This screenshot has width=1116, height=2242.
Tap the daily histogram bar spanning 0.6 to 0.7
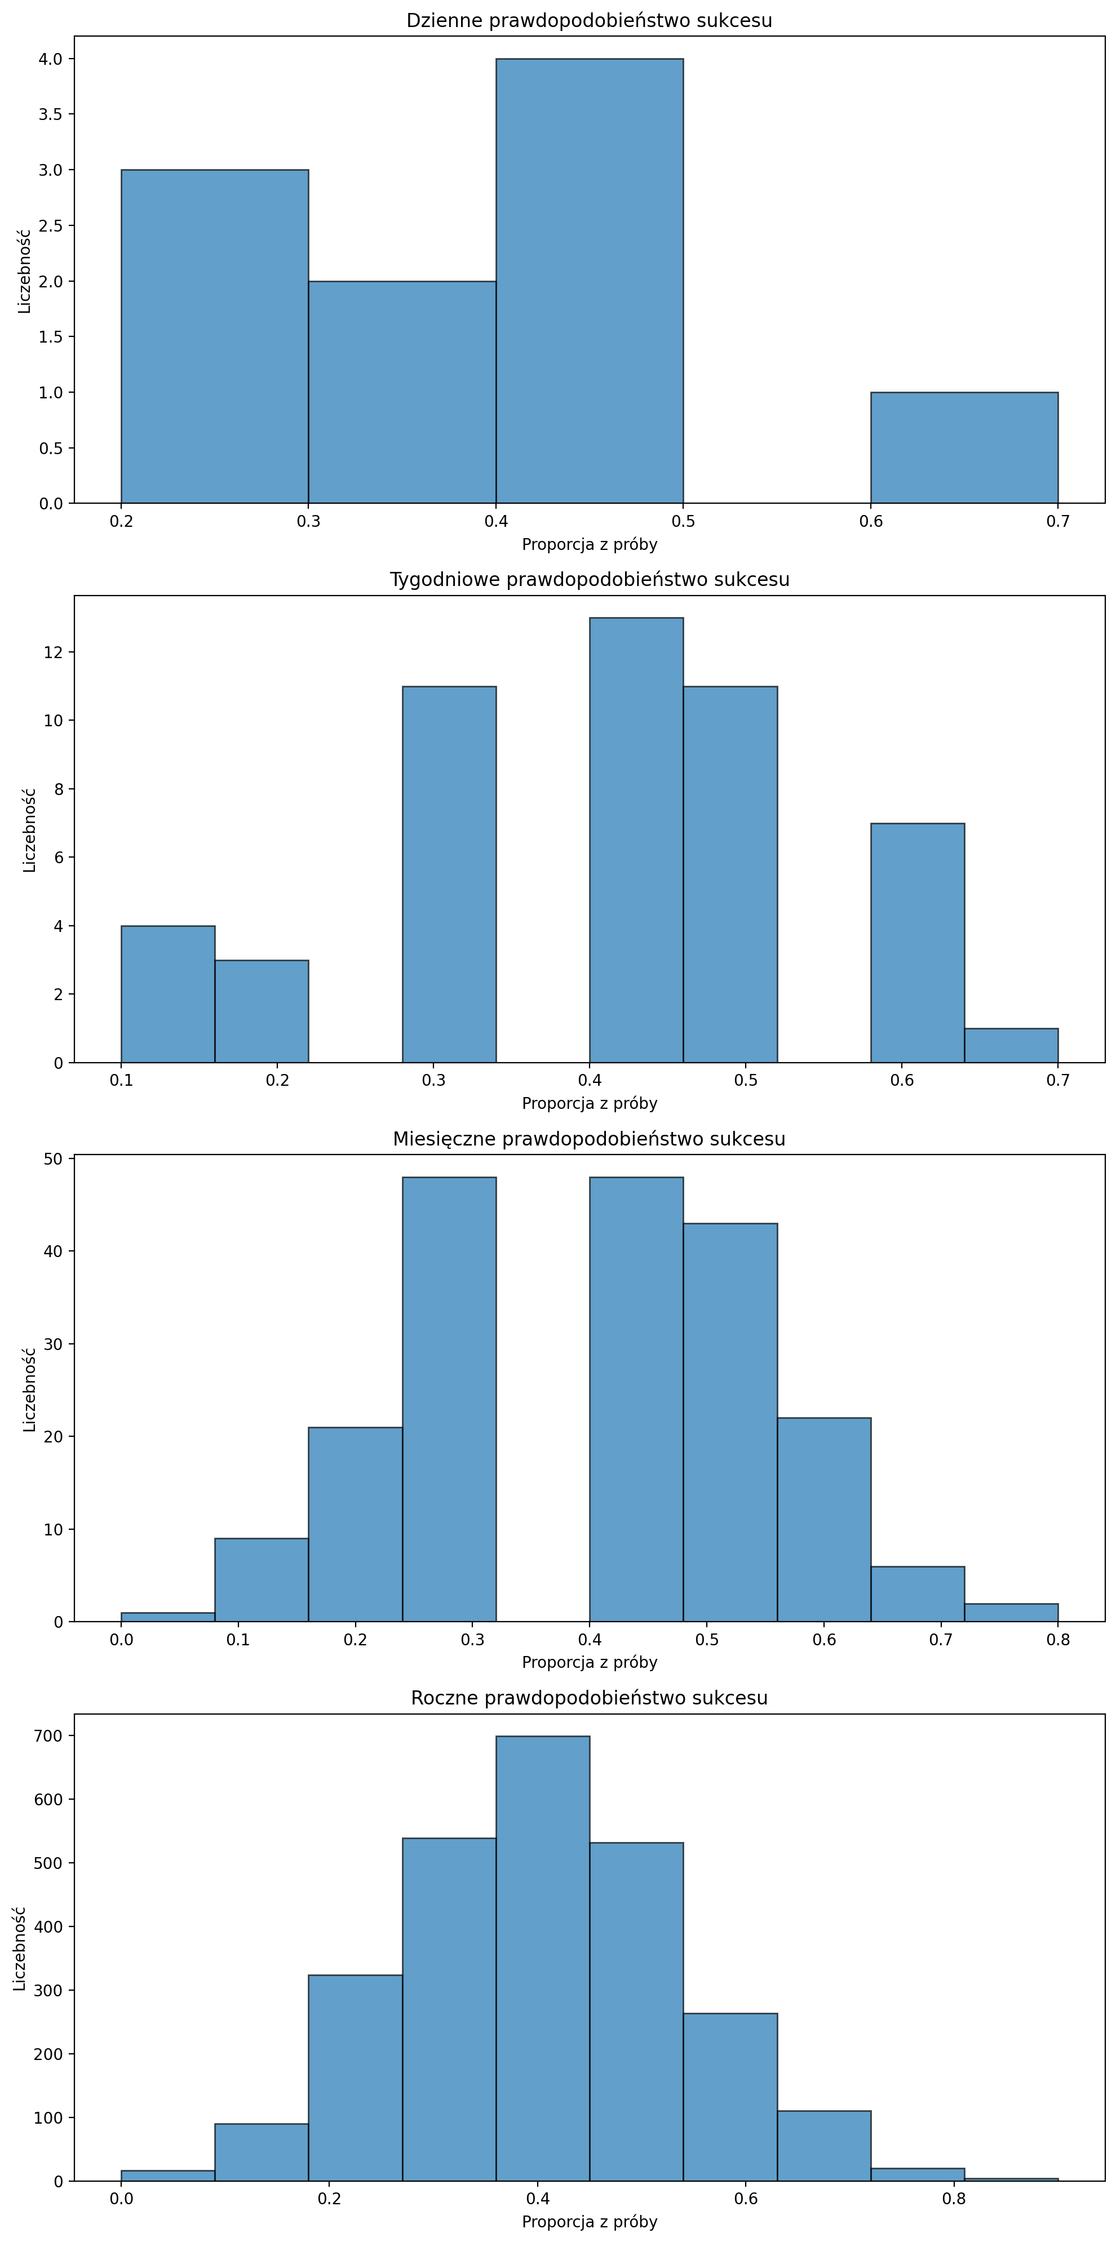click(x=964, y=447)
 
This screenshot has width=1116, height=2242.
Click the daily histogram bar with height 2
click(x=402, y=392)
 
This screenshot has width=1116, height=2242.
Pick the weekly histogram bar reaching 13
click(x=636, y=840)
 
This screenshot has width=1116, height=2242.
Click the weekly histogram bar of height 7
click(x=918, y=943)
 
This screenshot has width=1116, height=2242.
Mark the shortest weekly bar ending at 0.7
click(x=1011, y=1045)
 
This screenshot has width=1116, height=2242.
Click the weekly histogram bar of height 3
click(x=261, y=1011)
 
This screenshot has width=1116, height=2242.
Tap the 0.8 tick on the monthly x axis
click(x=1058, y=1640)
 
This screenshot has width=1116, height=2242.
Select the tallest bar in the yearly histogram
click(x=542, y=1958)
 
